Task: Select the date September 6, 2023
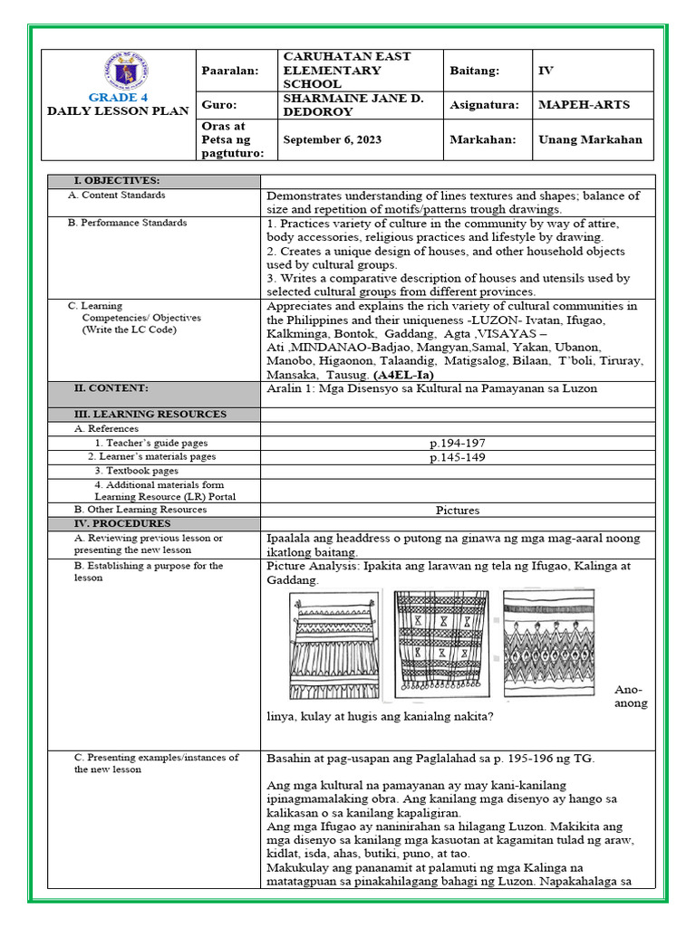click(x=333, y=139)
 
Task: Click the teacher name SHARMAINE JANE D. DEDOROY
click(x=341, y=105)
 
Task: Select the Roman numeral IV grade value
click(x=546, y=70)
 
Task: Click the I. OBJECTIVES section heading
click(x=117, y=181)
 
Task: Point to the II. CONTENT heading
click(x=111, y=387)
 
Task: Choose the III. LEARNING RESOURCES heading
click(x=150, y=414)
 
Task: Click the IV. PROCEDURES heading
click(x=122, y=523)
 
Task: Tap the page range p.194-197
click(x=457, y=444)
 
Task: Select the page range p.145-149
click(x=457, y=457)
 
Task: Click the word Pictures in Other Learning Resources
click(x=457, y=510)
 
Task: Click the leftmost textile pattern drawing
click(x=333, y=644)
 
